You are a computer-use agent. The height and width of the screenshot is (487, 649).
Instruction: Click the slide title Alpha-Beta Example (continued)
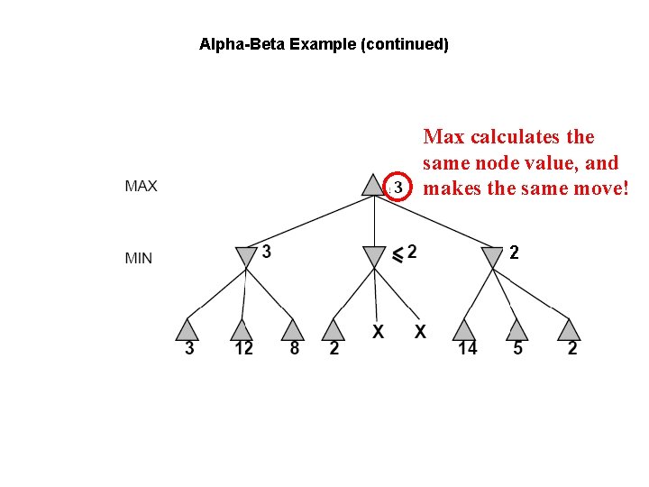[x=324, y=43]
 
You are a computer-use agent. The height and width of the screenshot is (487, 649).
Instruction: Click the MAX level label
[x=141, y=187]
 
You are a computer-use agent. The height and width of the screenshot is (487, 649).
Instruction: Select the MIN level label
[x=138, y=258]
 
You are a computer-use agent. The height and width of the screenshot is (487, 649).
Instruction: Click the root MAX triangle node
[x=372, y=185]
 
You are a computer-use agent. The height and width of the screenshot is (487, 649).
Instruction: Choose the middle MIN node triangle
[x=372, y=257]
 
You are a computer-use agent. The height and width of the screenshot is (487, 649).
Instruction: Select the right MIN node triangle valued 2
[x=492, y=257]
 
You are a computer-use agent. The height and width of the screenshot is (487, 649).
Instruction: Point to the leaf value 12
[x=243, y=349]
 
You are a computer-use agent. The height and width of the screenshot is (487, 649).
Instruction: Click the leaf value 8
[x=294, y=348]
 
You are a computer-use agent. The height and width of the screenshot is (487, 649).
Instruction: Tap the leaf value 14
[x=467, y=349]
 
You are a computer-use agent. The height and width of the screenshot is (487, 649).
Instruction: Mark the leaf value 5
[x=517, y=348]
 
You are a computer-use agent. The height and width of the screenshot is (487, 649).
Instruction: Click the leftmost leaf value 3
[x=189, y=349]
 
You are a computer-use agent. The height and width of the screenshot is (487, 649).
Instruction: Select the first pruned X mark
[x=379, y=332]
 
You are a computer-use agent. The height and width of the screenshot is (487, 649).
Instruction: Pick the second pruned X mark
[x=420, y=332]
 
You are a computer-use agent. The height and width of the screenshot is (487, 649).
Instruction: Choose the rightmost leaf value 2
[x=572, y=349]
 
